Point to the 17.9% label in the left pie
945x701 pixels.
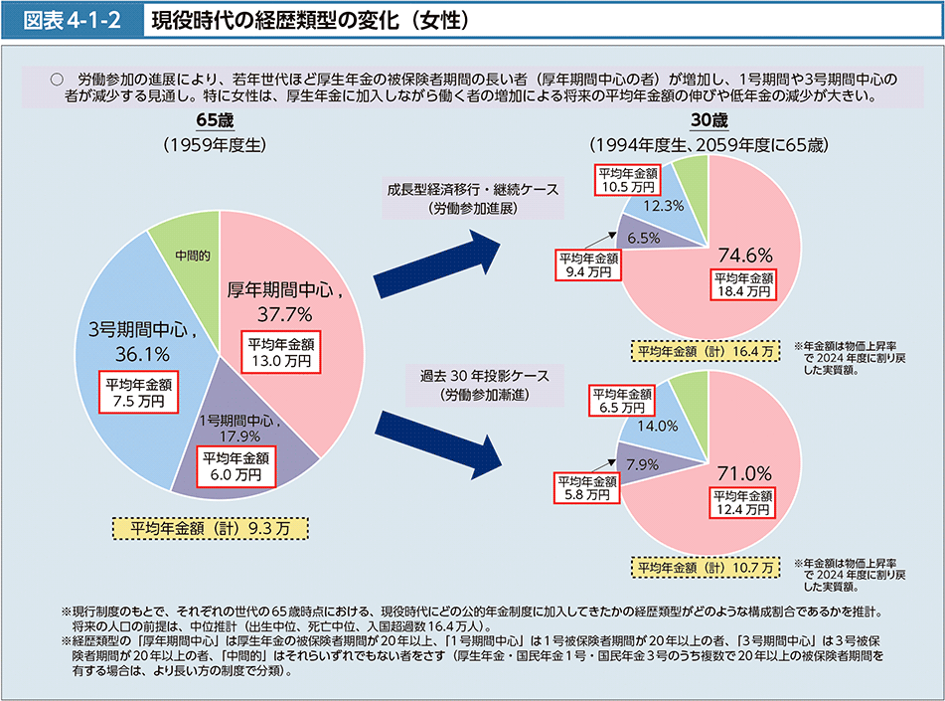coord(241,436)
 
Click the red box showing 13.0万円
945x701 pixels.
coord(284,353)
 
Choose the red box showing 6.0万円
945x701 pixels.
coord(236,466)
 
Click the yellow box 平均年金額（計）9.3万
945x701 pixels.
coord(210,529)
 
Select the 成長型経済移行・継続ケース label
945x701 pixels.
coord(473,188)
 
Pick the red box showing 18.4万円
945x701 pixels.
coord(741,284)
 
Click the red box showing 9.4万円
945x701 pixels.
coord(585,263)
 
